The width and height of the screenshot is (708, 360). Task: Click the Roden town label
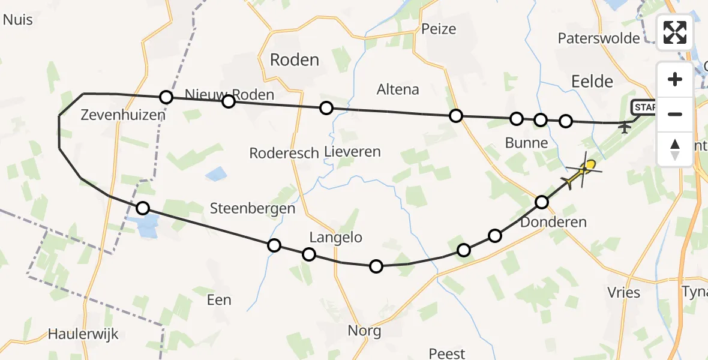295,59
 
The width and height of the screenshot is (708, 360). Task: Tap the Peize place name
439,29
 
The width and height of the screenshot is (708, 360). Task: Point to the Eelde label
592,82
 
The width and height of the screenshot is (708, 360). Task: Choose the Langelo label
336,238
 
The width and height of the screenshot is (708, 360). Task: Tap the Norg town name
364,331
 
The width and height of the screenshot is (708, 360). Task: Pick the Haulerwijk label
83,334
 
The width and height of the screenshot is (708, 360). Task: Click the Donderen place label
553,223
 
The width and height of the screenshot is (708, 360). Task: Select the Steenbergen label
253,209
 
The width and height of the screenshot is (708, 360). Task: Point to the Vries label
623,293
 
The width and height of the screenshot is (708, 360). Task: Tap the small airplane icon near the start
625,127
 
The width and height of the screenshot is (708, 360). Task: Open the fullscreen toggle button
675,32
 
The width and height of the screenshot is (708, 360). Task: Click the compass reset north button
675,149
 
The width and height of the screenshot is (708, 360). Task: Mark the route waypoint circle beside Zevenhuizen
166,97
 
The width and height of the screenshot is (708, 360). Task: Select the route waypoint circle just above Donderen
542,202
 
